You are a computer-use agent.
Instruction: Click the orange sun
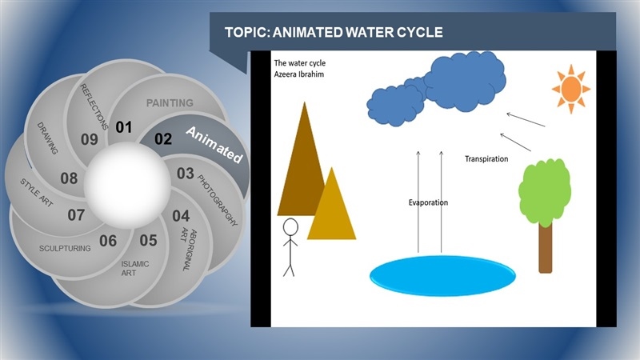(571, 89)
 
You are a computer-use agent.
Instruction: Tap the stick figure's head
(290, 227)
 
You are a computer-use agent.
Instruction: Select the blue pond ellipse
(442, 275)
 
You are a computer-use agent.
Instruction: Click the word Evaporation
(428, 202)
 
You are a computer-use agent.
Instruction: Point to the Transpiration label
(486, 158)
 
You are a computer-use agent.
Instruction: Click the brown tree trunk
(546, 248)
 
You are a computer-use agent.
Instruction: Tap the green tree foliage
(545, 192)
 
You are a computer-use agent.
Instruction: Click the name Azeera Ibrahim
(299, 74)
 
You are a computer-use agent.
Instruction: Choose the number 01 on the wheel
(124, 127)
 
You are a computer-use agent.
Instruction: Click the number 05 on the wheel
(148, 241)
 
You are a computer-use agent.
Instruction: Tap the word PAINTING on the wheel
(170, 103)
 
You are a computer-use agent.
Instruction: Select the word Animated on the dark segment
(214, 145)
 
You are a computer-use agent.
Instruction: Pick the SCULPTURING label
(65, 248)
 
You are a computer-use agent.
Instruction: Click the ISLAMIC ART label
(134, 268)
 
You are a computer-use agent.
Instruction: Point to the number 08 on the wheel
(69, 178)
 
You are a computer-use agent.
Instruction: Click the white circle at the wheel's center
(127, 186)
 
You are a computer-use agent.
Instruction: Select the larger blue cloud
(465, 82)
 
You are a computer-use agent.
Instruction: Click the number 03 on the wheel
(186, 174)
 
